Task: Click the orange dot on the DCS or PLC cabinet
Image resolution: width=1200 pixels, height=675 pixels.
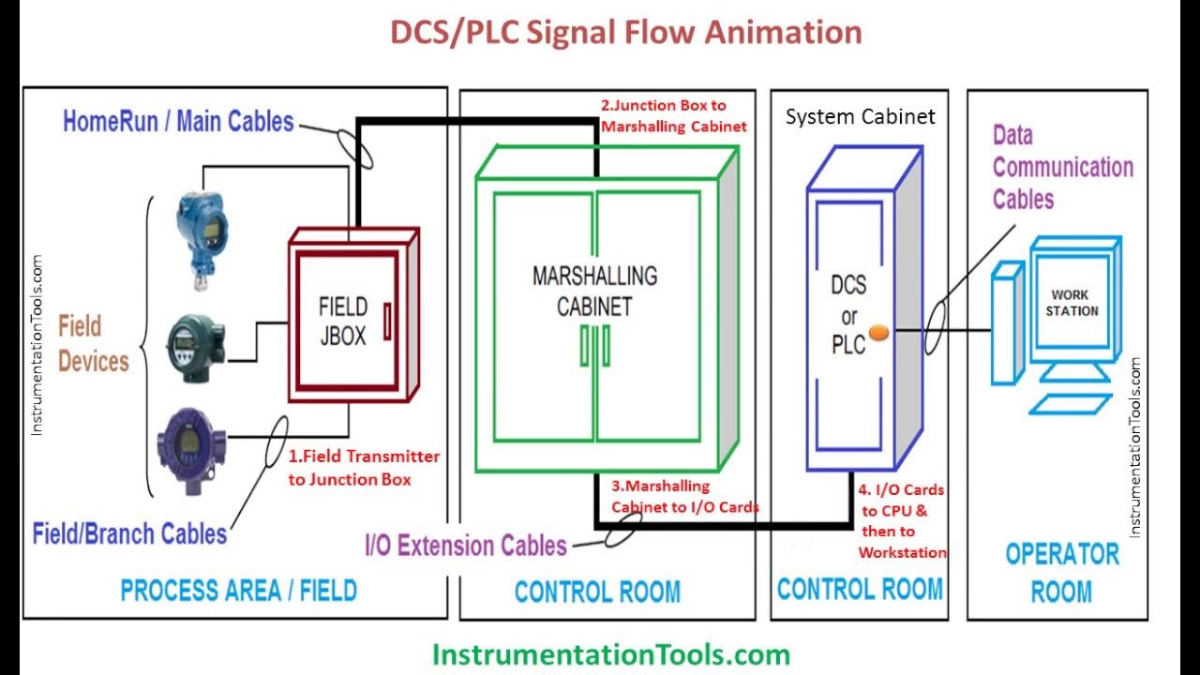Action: pyautogui.click(x=878, y=332)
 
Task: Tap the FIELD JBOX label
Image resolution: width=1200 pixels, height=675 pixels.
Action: pyautogui.click(x=343, y=321)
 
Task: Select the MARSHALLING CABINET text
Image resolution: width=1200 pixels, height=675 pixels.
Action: pyautogui.click(x=594, y=291)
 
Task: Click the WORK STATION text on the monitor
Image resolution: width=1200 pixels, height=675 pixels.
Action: pyautogui.click(x=1072, y=303)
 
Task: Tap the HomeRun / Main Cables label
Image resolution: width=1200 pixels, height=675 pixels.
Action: pyautogui.click(x=178, y=121)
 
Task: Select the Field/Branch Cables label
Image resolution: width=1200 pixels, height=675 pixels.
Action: pyautogui.click(x=129, y=534)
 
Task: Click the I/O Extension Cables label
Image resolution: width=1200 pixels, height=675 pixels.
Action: pyautogui.click(x=466, y=545)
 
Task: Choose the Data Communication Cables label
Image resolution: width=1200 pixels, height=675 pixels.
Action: pyautogui.click(x=1062, y=168)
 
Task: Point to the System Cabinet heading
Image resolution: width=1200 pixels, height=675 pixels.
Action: pyautogui.click(x=860, y=117)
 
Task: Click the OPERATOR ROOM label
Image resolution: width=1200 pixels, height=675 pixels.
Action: pyautogui.click(x=1061, y=572)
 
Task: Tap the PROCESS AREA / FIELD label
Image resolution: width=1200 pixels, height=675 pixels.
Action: pyautogui.click(x=239, y=591)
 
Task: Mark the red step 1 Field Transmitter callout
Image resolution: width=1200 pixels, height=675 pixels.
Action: pyautogui.click(x=364, y=468)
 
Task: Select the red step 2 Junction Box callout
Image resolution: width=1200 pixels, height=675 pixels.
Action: pyautogui.click(x=673, y=116)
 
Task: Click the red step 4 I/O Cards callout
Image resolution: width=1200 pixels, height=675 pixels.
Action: pyautogui.click(x=901, y=521)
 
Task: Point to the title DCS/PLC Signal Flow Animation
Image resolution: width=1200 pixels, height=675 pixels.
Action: pyautogui.click(x=625, y=33)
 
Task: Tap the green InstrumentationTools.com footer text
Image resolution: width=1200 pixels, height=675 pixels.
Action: pyautogui.click(x=610, y=652)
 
